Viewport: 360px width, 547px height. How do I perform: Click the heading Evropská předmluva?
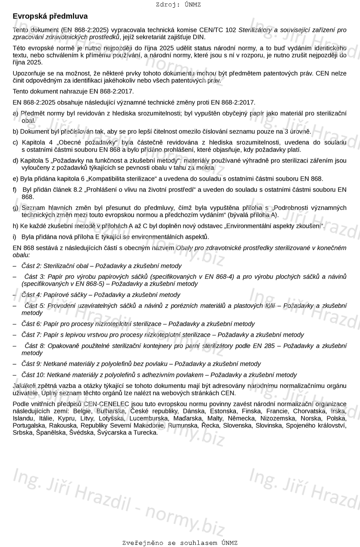pyautogui.click(x=50, y=16)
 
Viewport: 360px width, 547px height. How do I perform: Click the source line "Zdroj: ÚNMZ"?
pyautogui.click(x=178, y=5)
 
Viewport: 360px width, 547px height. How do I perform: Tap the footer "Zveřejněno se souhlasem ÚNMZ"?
pyautogui.click(x=180, y=543)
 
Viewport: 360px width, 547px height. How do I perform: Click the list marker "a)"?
pyautogui.click(x=16, y=113)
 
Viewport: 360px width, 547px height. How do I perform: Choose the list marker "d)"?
pyautogui.click(x=16, y=161)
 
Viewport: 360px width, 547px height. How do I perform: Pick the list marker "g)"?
pyautogui.click(x=16, y=208)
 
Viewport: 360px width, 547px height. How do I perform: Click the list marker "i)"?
pyautogui.click(x=15, y=237)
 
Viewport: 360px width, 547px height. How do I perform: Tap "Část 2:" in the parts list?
pyautogui.click(x=31, y=266)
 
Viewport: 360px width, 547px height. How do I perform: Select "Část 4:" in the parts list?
pyautogui.click(x=31, y=295)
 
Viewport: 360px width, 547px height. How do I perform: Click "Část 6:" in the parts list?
pyautogui.click(x=31, y=324)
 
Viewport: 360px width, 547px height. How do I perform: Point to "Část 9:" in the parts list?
pyautogui.click(x=31, y=364)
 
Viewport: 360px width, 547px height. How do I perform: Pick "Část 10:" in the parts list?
pyautogui.click(x=33, y=375)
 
